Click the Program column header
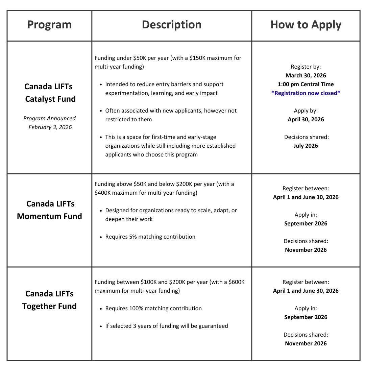pos(49,25)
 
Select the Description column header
pos(172,25)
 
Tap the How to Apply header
pos(306,25)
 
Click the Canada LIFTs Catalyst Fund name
pos(49,93)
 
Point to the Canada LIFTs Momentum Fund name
pos(49,210)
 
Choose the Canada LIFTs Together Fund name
pos(49,300)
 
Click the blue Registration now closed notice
pos(306,93)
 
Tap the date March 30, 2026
pos(306,75)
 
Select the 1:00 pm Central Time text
pos(306,84)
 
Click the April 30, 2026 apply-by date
pos(306,119)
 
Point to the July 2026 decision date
pos(306,146)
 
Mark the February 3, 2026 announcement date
pos(50,127)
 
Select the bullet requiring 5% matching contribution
pos(150,237)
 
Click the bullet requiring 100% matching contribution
pos(153,308)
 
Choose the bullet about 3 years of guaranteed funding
pos(166,326)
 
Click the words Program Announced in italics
pos(49,118)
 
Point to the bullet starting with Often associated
pos(171,115)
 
